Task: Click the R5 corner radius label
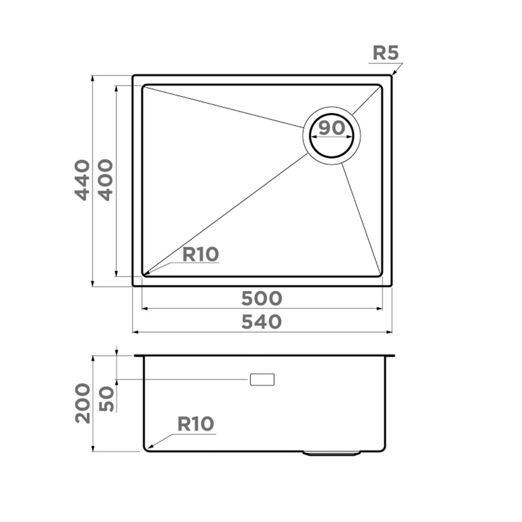coord(385,53)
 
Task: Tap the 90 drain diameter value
coord(331,128)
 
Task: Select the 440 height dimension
coord(82,179)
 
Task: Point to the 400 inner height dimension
coord(105,179)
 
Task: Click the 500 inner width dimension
coord(262,298)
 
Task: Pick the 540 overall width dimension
coord(262,322)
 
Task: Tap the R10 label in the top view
coord(200,254)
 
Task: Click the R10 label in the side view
coord(196,424)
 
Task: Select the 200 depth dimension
coord(82,404)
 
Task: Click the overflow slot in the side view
coord(262,379)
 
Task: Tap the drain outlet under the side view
coord(332,452)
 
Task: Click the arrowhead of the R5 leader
coord(392,75)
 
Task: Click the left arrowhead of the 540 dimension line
coord(134,332)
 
